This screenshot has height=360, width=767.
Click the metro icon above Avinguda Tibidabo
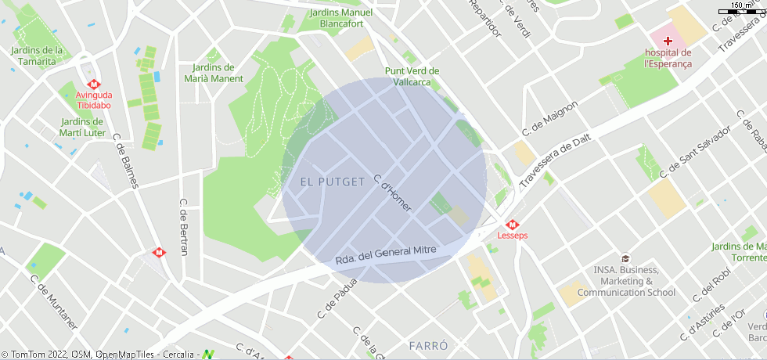point(93,84)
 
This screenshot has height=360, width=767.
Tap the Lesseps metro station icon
point(513,224)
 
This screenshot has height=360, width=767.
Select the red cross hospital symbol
point(668,40)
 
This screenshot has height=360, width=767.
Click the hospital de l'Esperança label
point(668,58)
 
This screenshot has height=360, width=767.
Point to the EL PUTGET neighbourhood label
point(332,182)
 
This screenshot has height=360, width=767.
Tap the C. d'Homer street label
point(392,193)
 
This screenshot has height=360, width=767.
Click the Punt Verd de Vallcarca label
point(412,76)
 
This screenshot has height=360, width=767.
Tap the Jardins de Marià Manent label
point(213,73)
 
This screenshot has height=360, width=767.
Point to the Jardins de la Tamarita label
point(37,56)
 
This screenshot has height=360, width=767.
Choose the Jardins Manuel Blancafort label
point(341,18)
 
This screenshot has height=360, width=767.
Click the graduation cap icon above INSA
point(625,258)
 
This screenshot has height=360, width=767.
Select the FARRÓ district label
point(428,345)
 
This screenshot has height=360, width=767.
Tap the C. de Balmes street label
point(125,161)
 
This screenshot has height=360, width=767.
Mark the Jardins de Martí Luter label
point(82,127)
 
